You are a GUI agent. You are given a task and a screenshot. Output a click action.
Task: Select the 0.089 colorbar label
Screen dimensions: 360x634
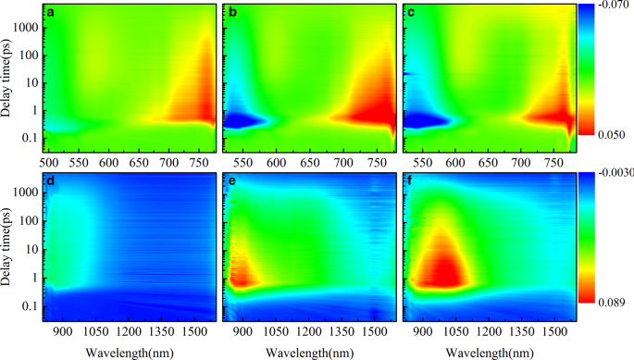point(607,303)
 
